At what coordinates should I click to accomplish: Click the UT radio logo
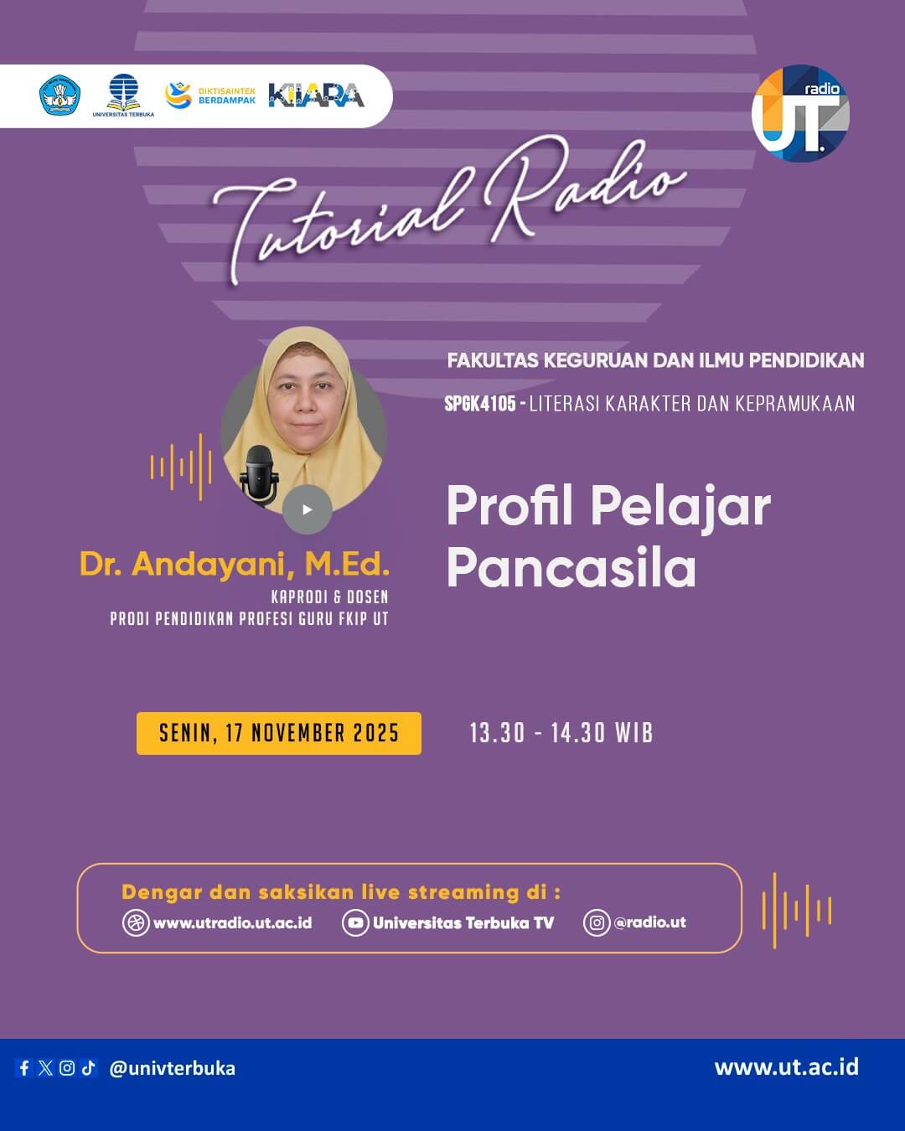800,114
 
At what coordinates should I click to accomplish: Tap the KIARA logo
316,96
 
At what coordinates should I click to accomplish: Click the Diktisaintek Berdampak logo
210,96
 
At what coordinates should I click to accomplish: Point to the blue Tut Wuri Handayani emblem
59,96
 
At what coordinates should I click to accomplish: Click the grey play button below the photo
307,509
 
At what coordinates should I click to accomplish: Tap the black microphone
259,474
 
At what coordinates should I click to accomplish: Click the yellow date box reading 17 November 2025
279,733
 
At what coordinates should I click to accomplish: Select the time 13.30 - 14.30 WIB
561,733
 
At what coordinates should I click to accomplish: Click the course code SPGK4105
480,404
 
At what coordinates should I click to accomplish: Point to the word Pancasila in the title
571,568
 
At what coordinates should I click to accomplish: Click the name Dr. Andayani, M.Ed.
235,564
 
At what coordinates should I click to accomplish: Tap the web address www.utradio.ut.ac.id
232,922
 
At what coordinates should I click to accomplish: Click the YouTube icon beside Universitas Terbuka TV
355,922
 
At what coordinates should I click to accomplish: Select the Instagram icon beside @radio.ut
597,922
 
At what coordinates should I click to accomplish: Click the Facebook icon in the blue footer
24,1067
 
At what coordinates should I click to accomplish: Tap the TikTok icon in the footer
89,1067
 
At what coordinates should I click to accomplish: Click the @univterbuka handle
172,1068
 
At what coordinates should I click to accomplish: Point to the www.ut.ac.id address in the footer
786,1066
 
